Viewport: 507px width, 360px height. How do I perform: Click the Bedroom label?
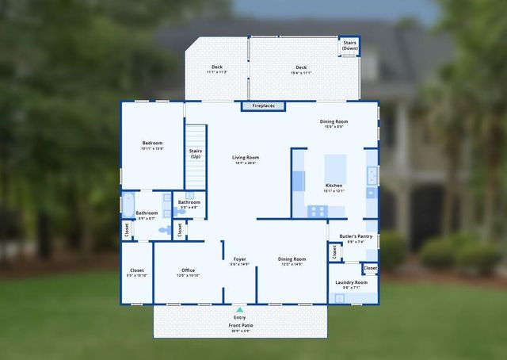(152, 144)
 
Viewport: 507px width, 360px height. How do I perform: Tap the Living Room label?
(246, 158)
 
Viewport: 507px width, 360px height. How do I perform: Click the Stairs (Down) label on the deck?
(349, 45)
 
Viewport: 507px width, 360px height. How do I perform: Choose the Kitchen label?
(334, 186)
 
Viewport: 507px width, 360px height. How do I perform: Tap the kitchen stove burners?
(317, 211)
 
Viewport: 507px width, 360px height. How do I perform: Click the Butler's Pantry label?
(356, 236)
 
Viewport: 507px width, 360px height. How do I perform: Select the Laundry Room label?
(351, 282)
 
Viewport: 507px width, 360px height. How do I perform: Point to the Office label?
(188, 270)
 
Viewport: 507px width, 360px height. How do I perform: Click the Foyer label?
(239, 259)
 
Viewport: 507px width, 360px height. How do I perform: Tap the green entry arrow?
(239, 309)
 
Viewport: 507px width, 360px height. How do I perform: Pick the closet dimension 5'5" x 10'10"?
(137, 275)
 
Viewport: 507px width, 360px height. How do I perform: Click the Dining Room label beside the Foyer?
(292, 259)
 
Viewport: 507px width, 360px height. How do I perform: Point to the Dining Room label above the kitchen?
(334, 121)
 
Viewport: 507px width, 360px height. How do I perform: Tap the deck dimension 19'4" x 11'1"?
(301, 73)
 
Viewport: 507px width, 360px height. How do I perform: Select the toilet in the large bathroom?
(164, 229)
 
